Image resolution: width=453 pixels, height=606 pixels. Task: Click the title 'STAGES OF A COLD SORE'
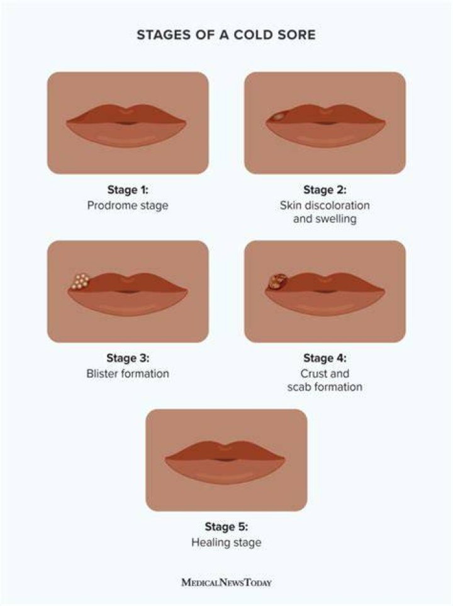coord(226,35)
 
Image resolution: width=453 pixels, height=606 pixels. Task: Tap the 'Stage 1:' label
coord(128,190)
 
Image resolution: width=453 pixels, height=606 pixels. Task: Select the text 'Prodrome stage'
coord(128,205)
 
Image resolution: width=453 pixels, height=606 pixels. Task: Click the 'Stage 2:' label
coord(325,190)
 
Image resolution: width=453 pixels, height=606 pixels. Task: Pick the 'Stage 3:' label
coord(128,358)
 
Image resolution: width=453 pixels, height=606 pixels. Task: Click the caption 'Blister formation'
coord(128,373)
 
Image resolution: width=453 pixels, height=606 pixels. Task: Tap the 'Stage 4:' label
coord(325,358)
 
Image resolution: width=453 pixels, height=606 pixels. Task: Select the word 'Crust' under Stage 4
coord(313,373)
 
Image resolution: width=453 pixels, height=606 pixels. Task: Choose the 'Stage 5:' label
coord(226,526)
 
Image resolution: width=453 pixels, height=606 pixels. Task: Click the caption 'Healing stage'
coord(226,542)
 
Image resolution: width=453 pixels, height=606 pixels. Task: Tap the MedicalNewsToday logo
coord(226,582)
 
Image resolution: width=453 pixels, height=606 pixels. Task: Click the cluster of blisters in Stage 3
coord(81,281)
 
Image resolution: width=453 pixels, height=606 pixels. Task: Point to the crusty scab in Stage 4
coord(277,282)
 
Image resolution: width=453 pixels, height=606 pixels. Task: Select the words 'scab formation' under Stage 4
coord(325,387)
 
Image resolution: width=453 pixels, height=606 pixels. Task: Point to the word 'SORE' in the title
coord(296,35)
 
